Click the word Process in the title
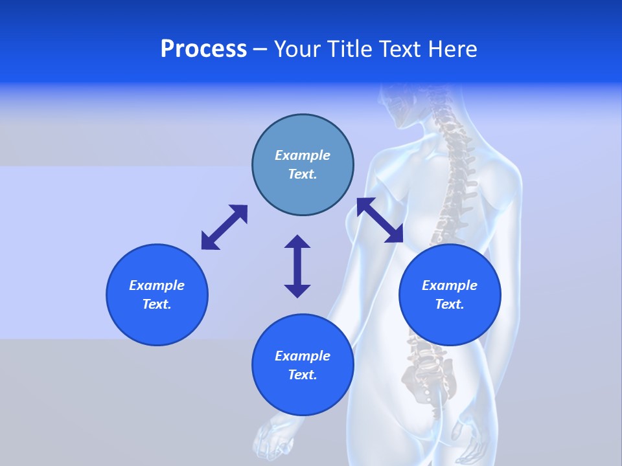[x=203, y=49]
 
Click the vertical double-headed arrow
[x=297, y=266]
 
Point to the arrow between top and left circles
[x=224, y=227]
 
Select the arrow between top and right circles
[x=380, y=220]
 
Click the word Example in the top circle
[x=303, y=155]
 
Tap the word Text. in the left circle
[x=157, y=304]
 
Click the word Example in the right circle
[x=450, y=285]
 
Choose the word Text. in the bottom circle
[x=303, y=375]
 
